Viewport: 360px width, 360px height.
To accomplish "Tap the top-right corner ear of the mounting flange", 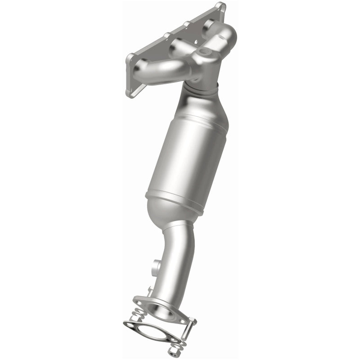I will click(x=220, y=7).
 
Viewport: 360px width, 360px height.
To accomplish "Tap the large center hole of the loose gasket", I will click(x=151, y=333).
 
